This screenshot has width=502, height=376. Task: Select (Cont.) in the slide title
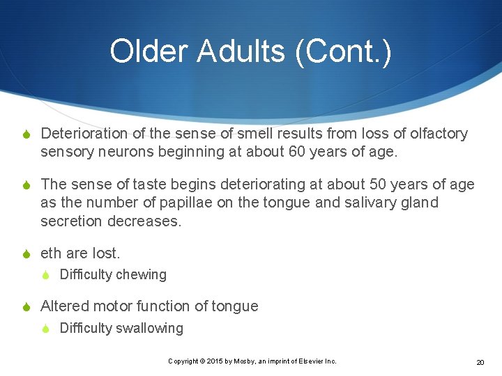(345, 52)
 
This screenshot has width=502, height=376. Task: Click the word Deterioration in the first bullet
(84, 134)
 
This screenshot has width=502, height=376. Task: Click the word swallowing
(149, 328)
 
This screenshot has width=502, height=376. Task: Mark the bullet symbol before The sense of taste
(27, 185)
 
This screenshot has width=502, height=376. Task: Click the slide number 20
(480, 362)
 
